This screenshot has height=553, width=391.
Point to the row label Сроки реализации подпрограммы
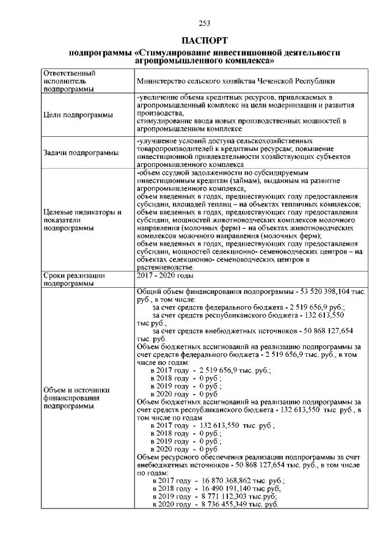[x=76, y=279]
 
